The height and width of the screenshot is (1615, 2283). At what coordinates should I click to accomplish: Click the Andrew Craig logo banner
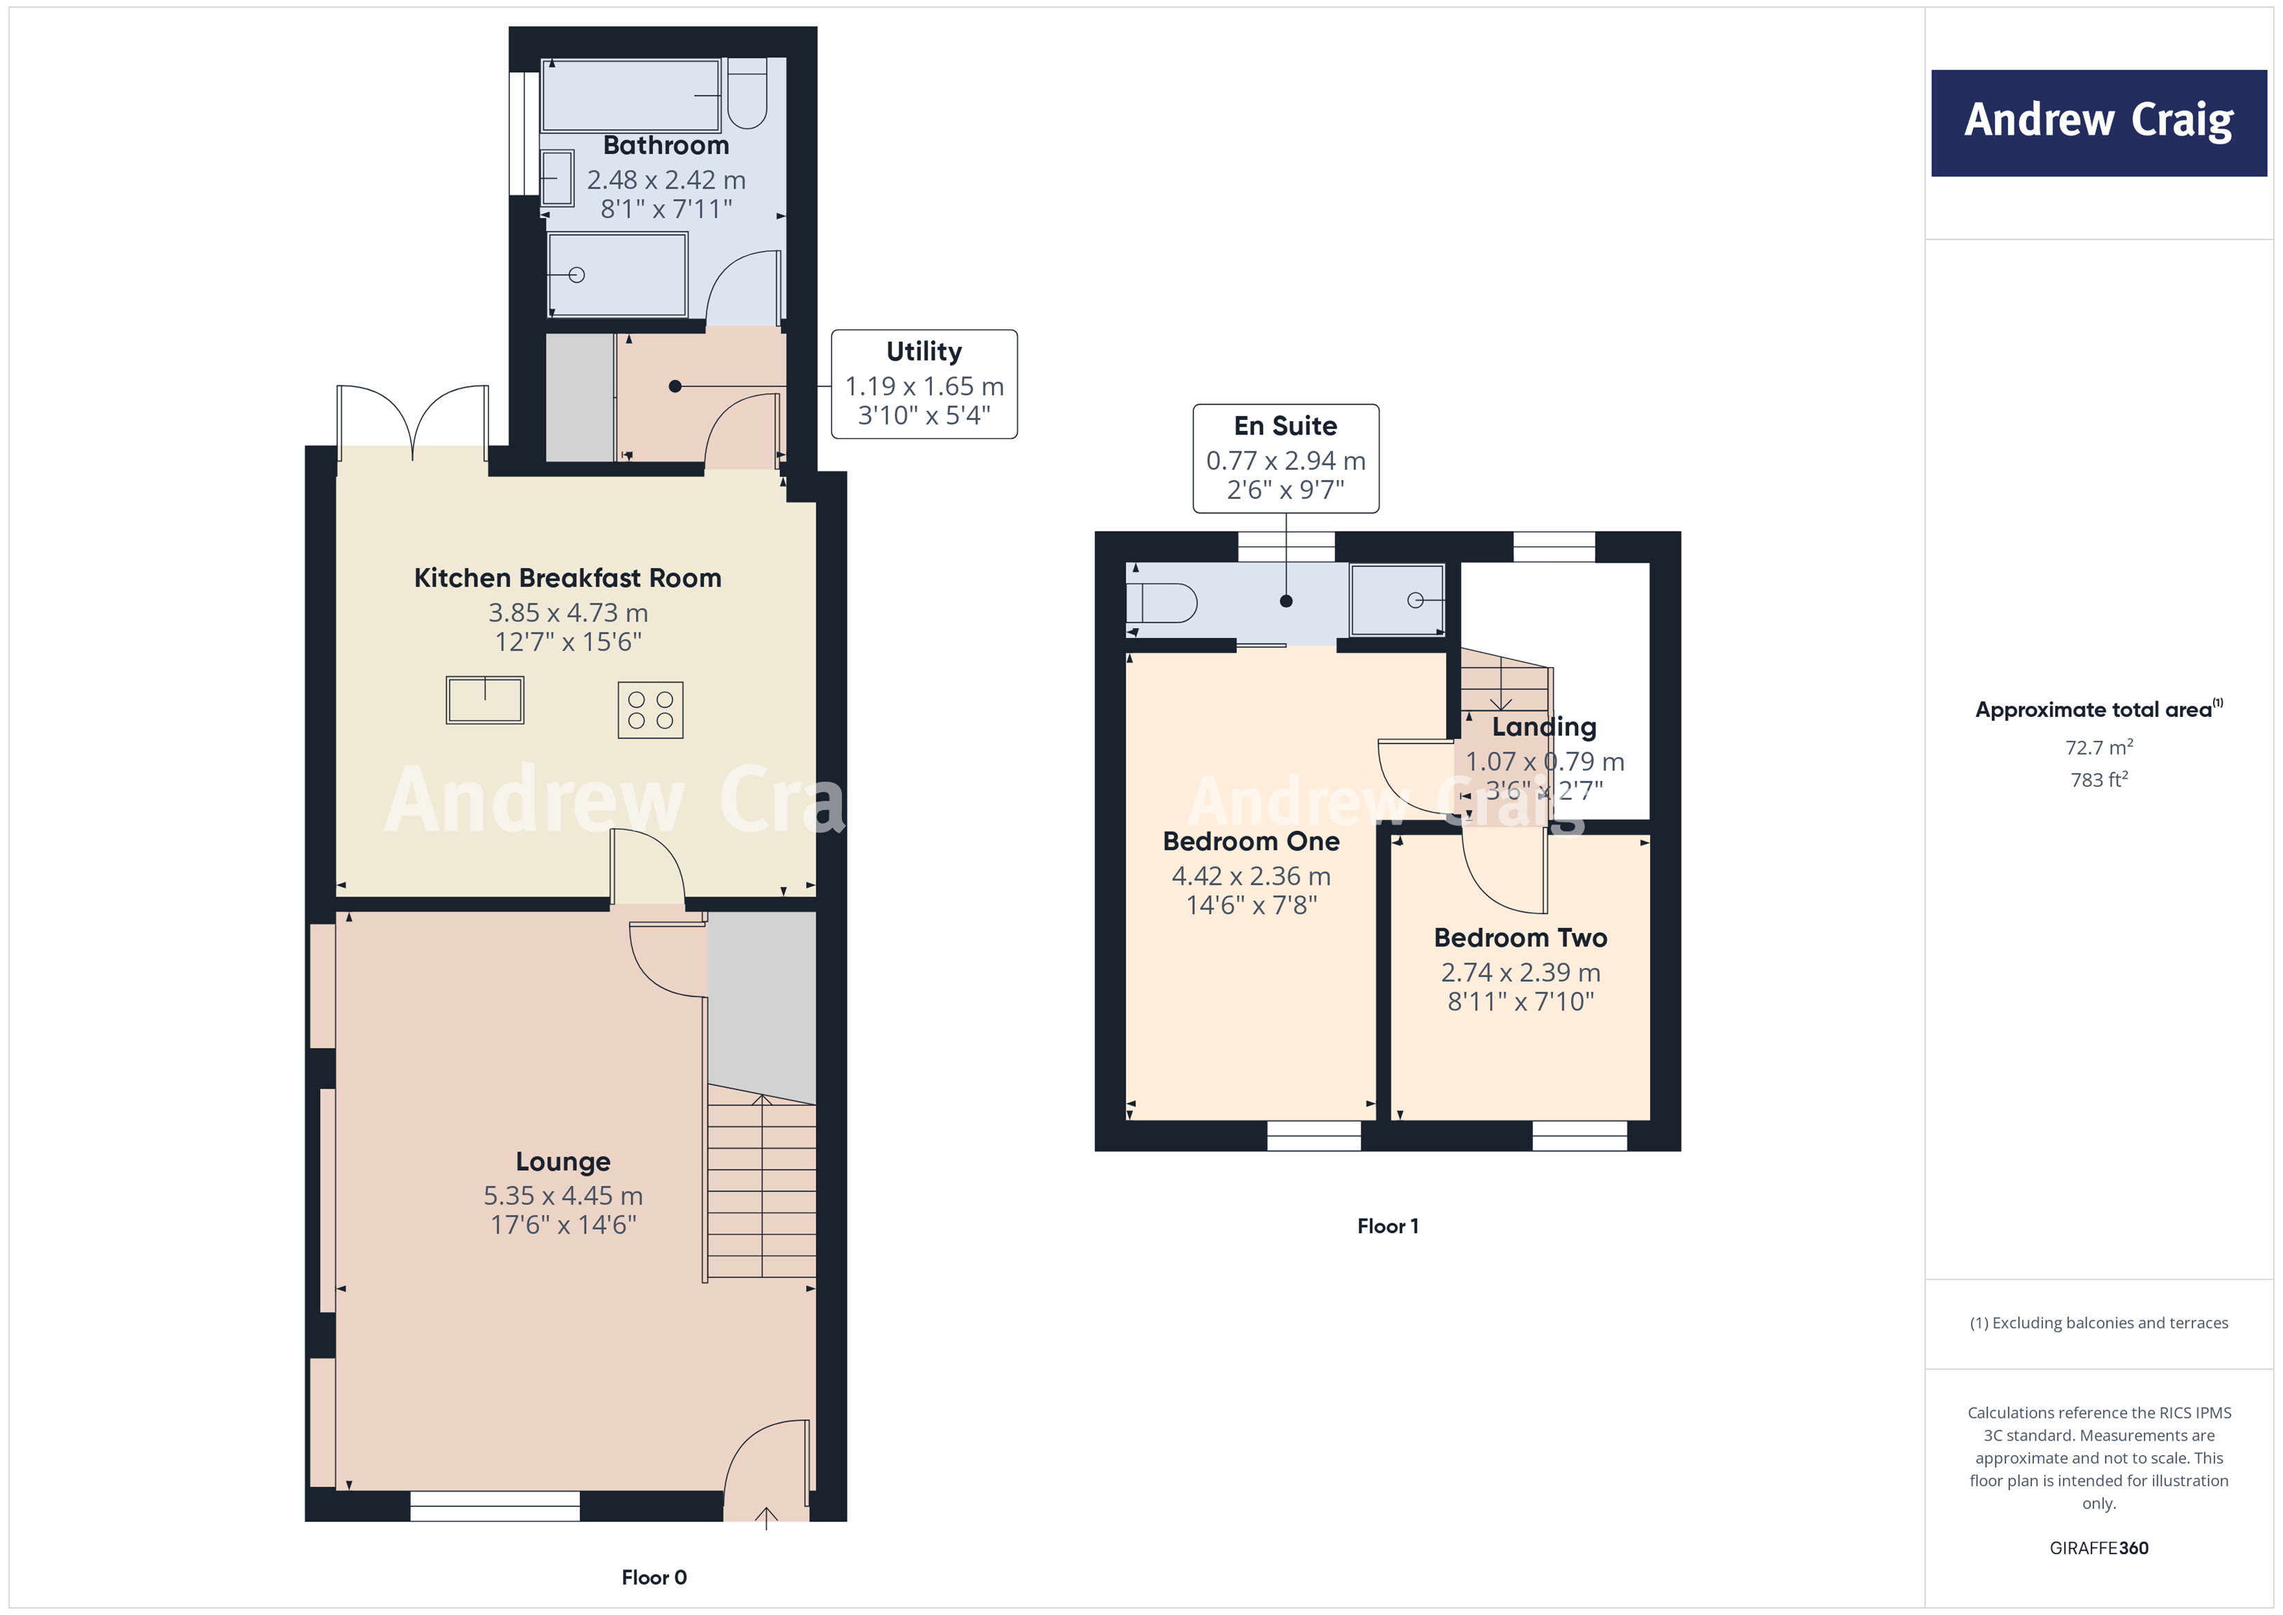tap(2098, 122)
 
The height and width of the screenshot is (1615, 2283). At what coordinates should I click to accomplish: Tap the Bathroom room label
tap(666, 145)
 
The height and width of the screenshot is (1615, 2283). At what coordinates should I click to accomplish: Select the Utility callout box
tap(923, 384)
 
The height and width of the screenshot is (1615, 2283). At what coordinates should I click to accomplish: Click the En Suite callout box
tap(1285, 459)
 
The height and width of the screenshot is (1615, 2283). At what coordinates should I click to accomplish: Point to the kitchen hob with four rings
tap(650, 710)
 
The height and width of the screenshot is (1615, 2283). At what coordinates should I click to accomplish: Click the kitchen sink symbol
tap(484, 700)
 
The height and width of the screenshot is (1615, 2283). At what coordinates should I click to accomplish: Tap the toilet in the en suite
tap(1162, 603)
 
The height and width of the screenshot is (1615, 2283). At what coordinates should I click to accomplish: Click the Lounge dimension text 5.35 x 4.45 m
tap(563, 1196)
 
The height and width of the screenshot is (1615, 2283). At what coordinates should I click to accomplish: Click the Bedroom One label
tap(1250, 841)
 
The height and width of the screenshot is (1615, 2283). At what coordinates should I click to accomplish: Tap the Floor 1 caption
tap(1387, 1226)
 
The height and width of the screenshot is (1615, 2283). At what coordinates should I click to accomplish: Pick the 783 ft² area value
tap(2098, 781)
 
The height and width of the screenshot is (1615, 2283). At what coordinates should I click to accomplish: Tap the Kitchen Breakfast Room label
tap(567, 578)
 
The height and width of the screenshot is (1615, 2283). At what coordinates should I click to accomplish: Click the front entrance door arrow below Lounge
tap(766, 1517)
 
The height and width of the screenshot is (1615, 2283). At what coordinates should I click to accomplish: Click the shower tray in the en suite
tap(1397, 600)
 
